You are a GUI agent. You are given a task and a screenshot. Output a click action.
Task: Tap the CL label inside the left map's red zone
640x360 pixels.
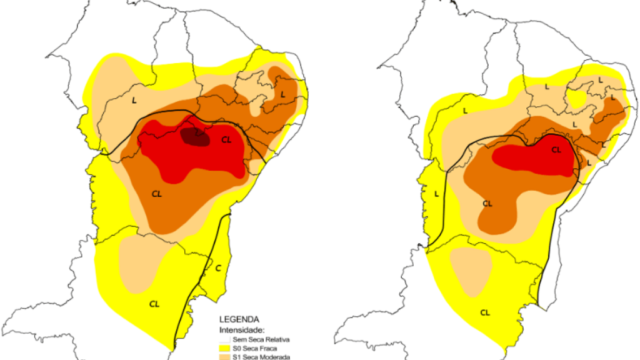tap(226, 140)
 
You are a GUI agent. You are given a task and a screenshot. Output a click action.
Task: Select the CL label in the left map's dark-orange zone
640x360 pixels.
tap(157, 194)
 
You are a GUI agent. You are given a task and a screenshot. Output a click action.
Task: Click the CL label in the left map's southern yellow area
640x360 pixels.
tap(154, 304)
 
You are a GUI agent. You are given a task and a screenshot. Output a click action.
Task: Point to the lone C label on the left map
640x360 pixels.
tap(218, 268)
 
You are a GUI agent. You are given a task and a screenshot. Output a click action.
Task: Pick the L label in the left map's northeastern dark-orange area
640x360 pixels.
tap(282, 94)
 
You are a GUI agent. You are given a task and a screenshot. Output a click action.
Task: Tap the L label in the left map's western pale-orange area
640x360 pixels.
tap(134, 99)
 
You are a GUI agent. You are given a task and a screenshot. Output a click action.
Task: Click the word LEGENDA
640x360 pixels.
tap(236, 319)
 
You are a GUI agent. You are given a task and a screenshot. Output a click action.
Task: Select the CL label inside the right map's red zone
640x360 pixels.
tap(556, 150)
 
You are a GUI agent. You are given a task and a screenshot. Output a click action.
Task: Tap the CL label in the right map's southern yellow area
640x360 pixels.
tap(485, 312)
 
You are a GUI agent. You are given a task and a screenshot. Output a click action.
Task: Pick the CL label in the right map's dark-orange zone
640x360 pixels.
tap(487, 203)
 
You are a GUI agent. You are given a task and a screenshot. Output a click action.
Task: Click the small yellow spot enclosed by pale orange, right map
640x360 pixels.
tap(577, 100)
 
